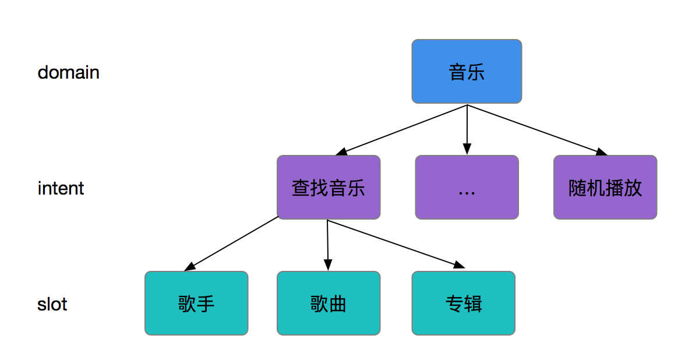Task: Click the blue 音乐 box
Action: tap(467, 71)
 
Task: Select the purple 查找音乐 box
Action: tap(329, 187)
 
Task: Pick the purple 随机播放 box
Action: tap(605, 187)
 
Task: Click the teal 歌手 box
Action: tap(196, 303)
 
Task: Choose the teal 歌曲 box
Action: tap(329, 303)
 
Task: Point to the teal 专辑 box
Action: tap(464, 303)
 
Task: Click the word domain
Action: tap(68, 73)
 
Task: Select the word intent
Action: tap(61, 189)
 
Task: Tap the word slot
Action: tap(52, 304)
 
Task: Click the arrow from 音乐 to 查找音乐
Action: tap(402, 129)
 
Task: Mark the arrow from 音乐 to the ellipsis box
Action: tap(467, 128)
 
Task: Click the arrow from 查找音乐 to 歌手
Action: tap(233, 243)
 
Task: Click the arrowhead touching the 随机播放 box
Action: tap(601, 152)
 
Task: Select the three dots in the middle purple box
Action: tap(467, 192)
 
